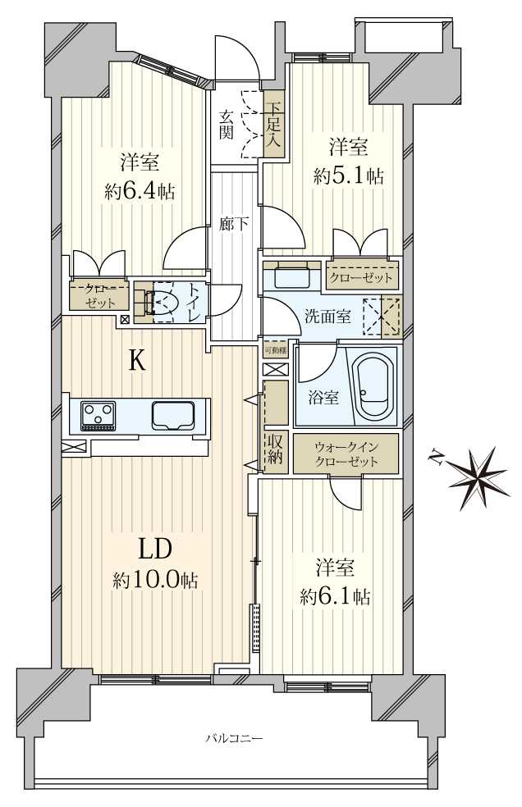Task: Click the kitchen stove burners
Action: (x=98, y=415)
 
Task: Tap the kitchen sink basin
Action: (x=173, y=415)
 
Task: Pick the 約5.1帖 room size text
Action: (x=349, y=175)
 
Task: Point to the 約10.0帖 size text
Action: (x=155, y=581)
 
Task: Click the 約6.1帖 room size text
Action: (x=335, y=596)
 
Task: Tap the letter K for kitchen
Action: (x=137, y=361)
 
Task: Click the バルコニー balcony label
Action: (x=234, y=739)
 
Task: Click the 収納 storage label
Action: (x=274, y=449)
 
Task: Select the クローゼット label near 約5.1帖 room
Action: (x=361, y=277)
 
